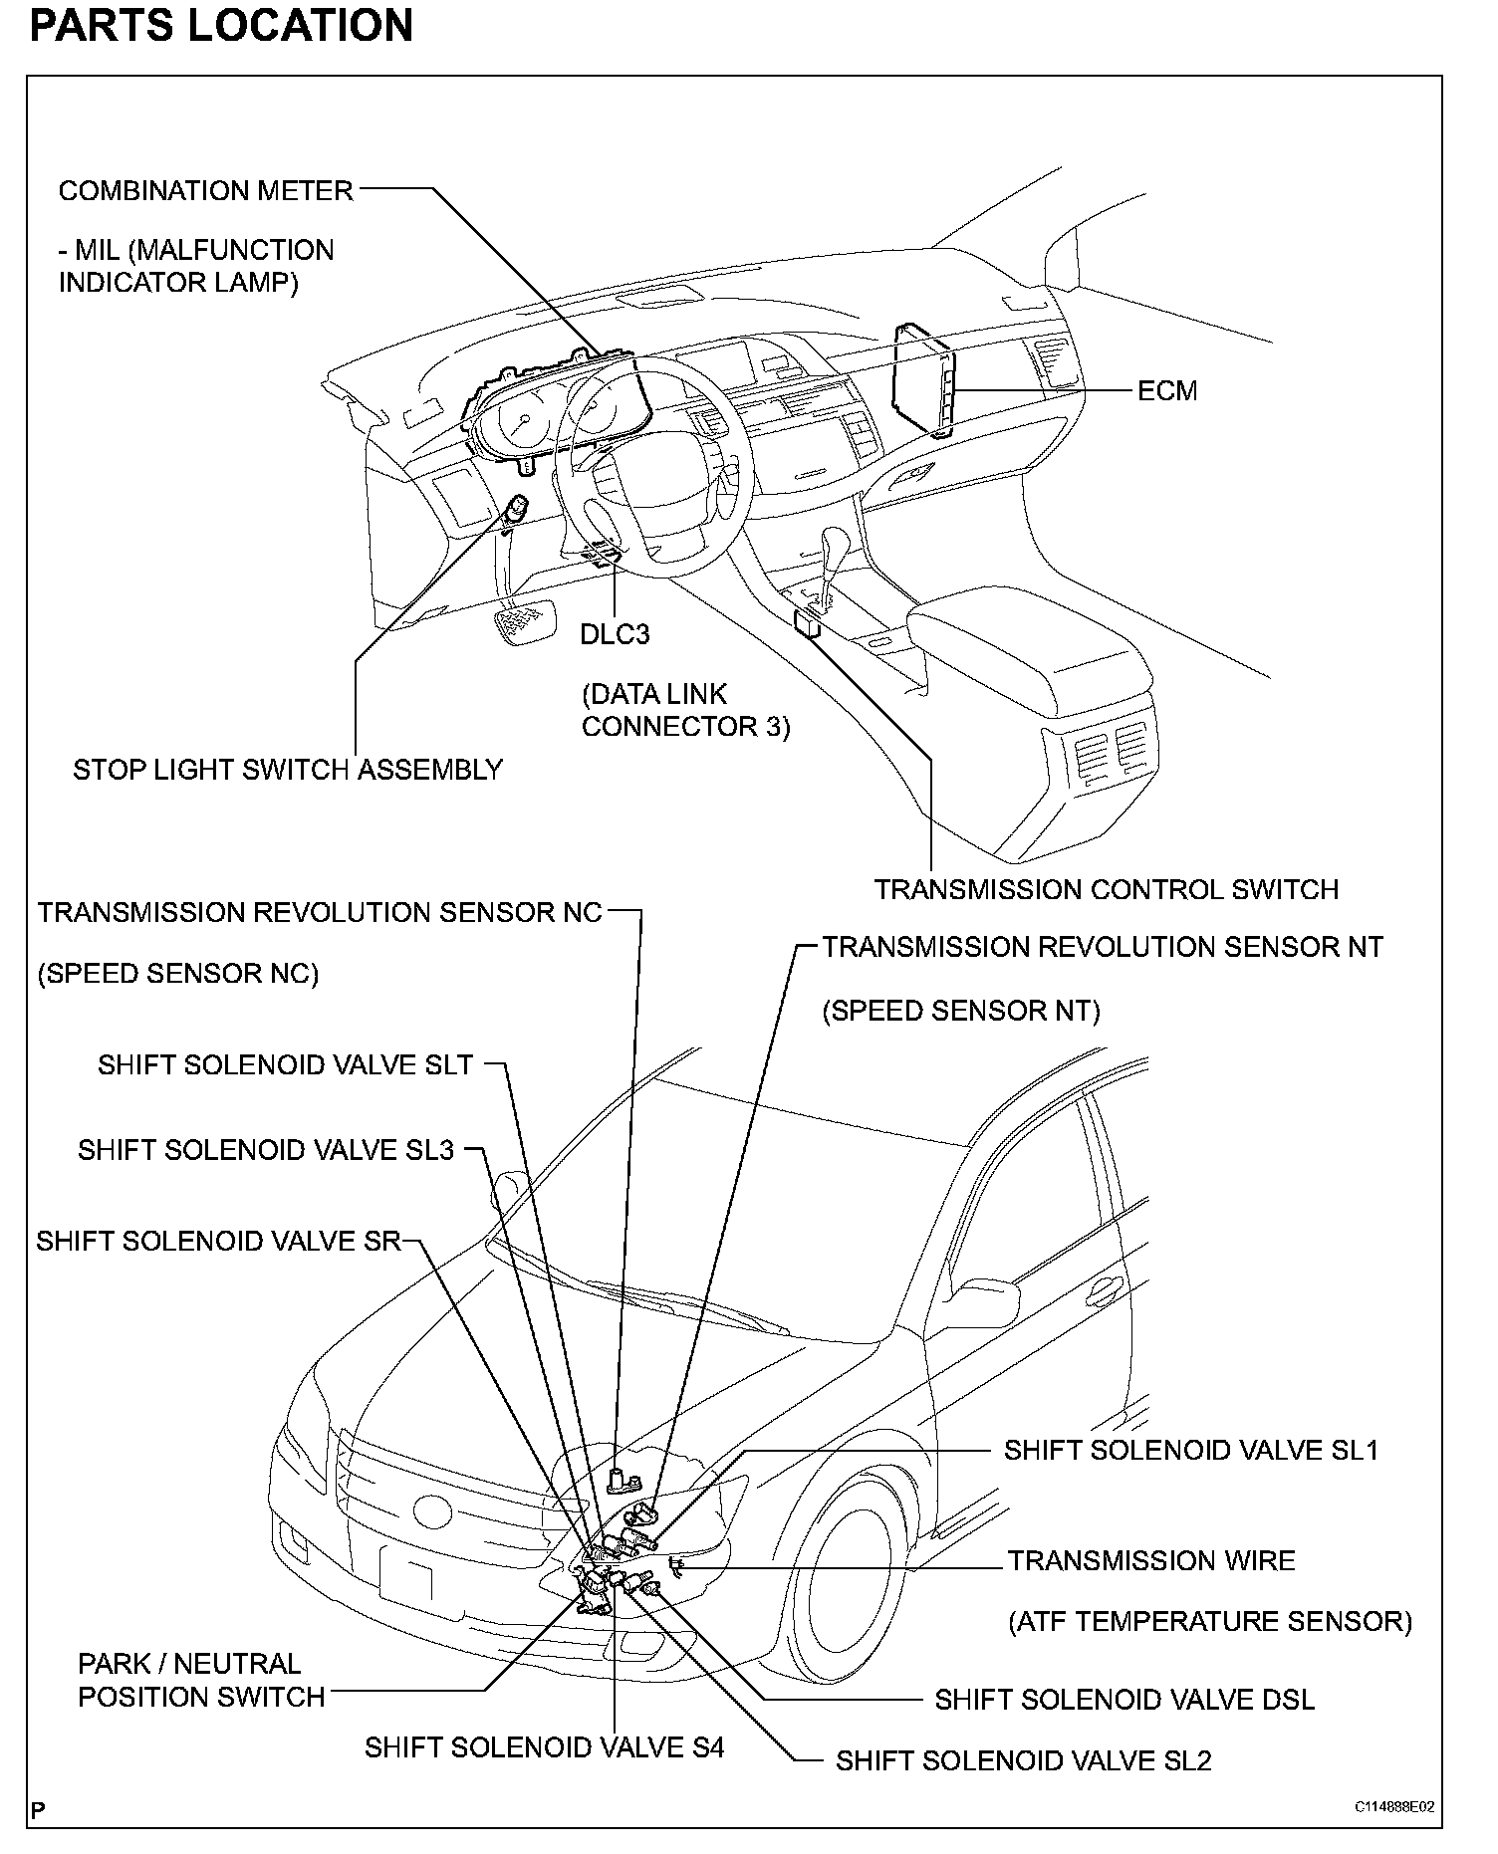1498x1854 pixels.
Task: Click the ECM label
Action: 1166,390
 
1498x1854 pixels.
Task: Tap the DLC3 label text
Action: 615,634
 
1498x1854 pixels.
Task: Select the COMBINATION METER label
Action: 205,190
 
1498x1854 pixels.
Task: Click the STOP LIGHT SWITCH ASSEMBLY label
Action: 288,770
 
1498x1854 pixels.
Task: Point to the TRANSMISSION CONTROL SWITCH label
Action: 1106,889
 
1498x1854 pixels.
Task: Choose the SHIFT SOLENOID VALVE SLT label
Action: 285,1064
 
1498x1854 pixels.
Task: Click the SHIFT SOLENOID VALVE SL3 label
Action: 266,1150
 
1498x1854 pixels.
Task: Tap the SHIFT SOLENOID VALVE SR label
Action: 218,1241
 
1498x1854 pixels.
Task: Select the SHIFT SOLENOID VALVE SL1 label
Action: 1190,1450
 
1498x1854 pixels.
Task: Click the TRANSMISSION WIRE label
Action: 1150,1560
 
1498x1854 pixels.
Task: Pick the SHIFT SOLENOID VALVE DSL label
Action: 1123,1700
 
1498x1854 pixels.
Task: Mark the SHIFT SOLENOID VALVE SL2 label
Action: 1023,1760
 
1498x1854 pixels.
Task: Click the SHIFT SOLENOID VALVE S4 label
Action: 544,1747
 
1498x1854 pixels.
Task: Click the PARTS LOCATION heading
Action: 221,25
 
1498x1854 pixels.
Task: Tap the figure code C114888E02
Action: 1393,1807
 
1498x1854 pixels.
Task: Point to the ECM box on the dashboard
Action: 922,378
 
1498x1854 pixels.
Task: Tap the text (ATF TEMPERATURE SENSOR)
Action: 1210,1621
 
